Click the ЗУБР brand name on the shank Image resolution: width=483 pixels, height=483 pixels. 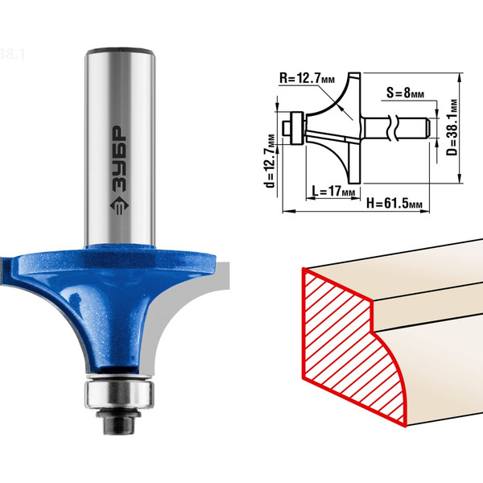[118, 159]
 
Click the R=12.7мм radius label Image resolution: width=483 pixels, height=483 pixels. [307, 78]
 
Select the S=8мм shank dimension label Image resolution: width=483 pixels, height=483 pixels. [405, 93]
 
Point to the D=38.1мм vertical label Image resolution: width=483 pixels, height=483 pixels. [452, 127]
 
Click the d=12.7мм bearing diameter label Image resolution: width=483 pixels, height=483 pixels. [270, 161]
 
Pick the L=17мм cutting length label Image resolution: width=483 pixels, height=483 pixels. [333, 192]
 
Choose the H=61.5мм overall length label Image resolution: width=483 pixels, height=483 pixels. [394, 204]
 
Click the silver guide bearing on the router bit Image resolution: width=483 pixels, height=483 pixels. [119, 394]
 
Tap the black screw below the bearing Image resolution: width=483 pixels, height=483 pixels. [119, 421]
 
